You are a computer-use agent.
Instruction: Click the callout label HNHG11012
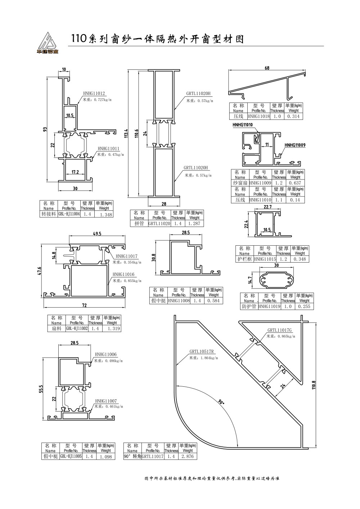click(x=94, y=92)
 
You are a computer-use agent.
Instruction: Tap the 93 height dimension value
click(x=45, y=129)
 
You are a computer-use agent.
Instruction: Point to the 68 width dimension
click(x=267, y=68)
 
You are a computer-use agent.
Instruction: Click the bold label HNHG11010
click(x=243, y=125)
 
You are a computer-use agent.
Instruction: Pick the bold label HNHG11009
click(x=295, y=145)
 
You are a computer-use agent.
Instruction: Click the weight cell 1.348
click(x=106, y=214)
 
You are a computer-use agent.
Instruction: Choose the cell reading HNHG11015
click(x=265, y=259)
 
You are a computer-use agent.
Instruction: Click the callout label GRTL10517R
click(x=202, y=351)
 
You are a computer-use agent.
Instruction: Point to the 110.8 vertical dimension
click(x=314, y=385)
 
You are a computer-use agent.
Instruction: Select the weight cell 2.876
click(x=187, y=456)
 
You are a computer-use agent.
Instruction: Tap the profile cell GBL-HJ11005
click(x=71, y=456)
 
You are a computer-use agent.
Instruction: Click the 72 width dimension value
click(x=84, y=306)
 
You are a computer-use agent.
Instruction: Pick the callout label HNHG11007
click(x=106, y=401)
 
